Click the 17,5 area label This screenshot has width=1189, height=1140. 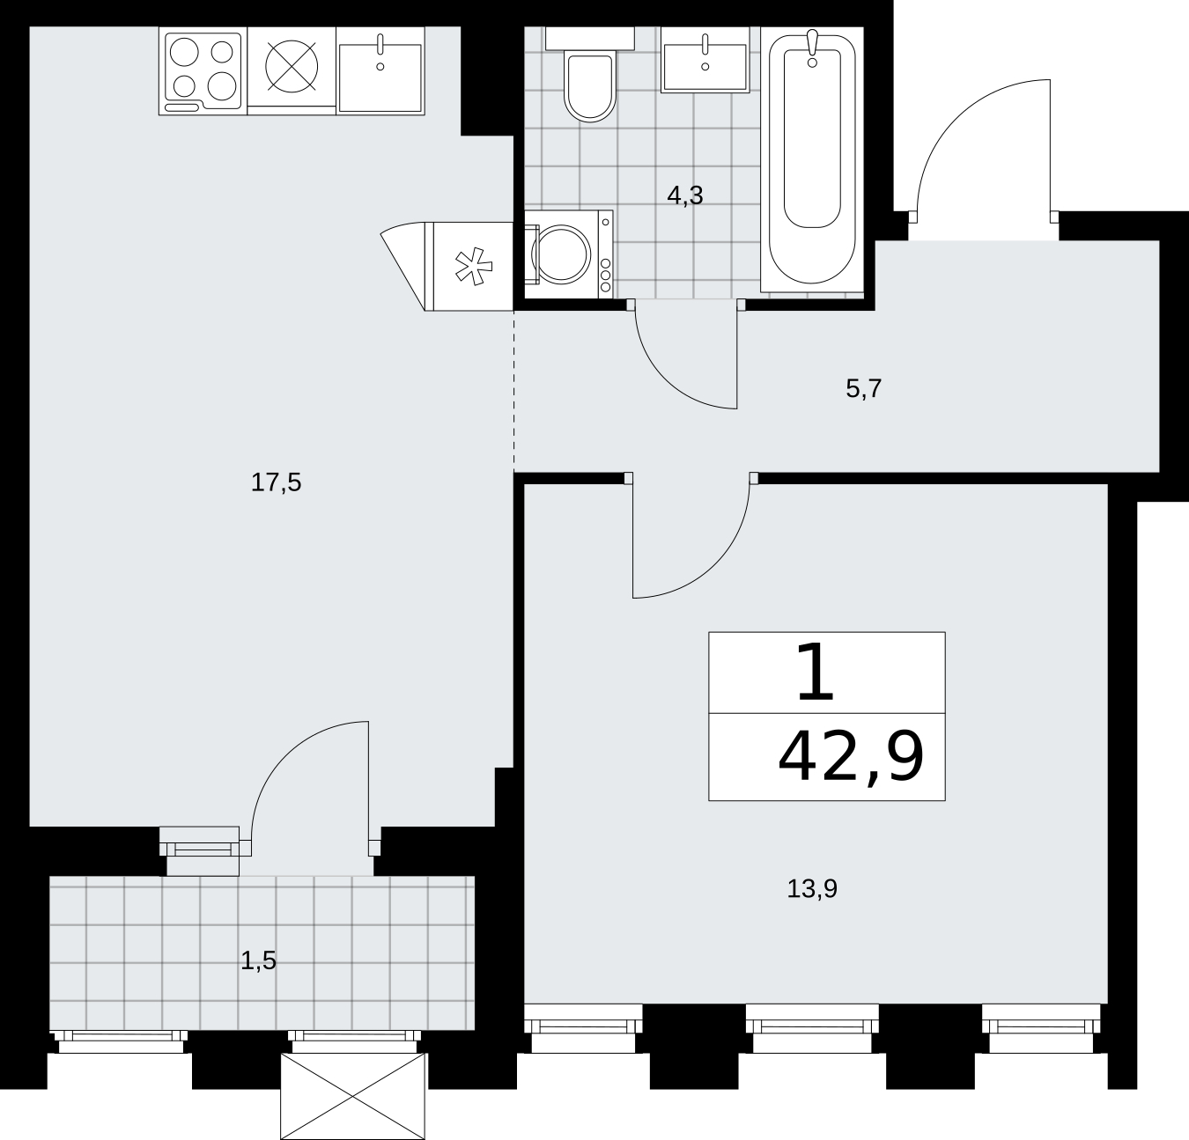click(x=277, y=483)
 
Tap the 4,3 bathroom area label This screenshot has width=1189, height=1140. click(x=685, y=196)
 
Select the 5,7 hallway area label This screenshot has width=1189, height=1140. click(x=864, y=388)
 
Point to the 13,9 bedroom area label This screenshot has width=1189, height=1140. click(x=812, y=889)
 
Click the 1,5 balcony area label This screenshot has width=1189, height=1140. click(x=258, y=961)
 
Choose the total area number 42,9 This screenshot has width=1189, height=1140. click(x=851, y=759)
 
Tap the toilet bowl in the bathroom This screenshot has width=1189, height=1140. click(x=589, y=85)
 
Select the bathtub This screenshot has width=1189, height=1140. click(x=812, y=158)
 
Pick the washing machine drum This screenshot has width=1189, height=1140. click(x=562, y=254)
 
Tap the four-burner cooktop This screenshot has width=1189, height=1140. click(x=203, y=70)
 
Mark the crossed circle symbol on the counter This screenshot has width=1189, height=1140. click(x=292, y=67)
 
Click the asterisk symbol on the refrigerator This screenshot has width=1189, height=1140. click(x=474, y=267)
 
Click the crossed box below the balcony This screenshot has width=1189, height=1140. click(x=353, y=1096)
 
